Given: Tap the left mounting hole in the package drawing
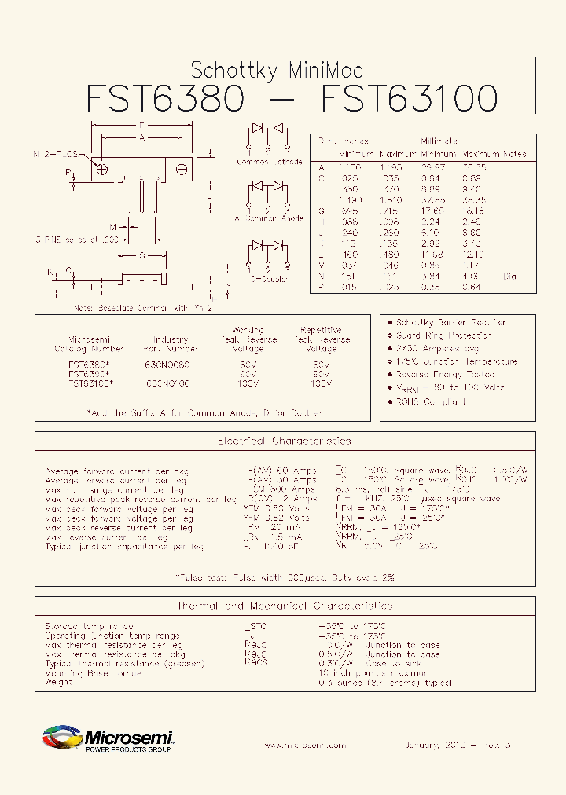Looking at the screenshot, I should point(101,169).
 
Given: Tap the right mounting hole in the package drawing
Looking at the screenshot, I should point(182,169).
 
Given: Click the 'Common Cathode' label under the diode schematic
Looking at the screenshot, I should point(269,162).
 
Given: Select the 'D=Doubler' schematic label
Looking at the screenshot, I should point(269,279).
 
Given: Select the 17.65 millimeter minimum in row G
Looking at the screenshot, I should point(433,211).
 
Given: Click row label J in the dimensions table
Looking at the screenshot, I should point(321,233).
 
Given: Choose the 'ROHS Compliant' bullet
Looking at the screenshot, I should point(431,401).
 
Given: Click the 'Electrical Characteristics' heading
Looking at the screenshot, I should point(284,441).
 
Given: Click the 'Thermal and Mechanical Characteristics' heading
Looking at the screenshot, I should point(284,606).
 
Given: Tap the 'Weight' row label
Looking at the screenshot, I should point(59,682).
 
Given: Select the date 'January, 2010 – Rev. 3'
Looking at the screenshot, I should point(458,745).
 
